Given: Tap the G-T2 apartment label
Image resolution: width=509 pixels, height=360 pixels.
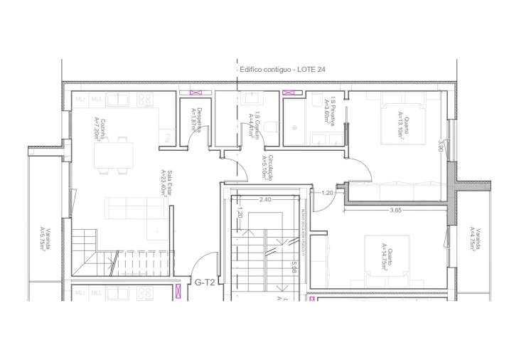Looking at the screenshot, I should (x=205, y=282).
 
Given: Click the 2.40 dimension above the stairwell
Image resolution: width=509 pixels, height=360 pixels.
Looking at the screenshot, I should (x=266, y=200).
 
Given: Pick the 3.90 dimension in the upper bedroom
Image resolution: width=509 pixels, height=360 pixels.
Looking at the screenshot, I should (x=441, y=147).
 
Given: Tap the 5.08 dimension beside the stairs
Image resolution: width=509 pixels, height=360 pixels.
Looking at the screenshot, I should (x=293, y=268).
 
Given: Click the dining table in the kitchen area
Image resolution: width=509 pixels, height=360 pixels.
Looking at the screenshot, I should (x=114, y=157).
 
